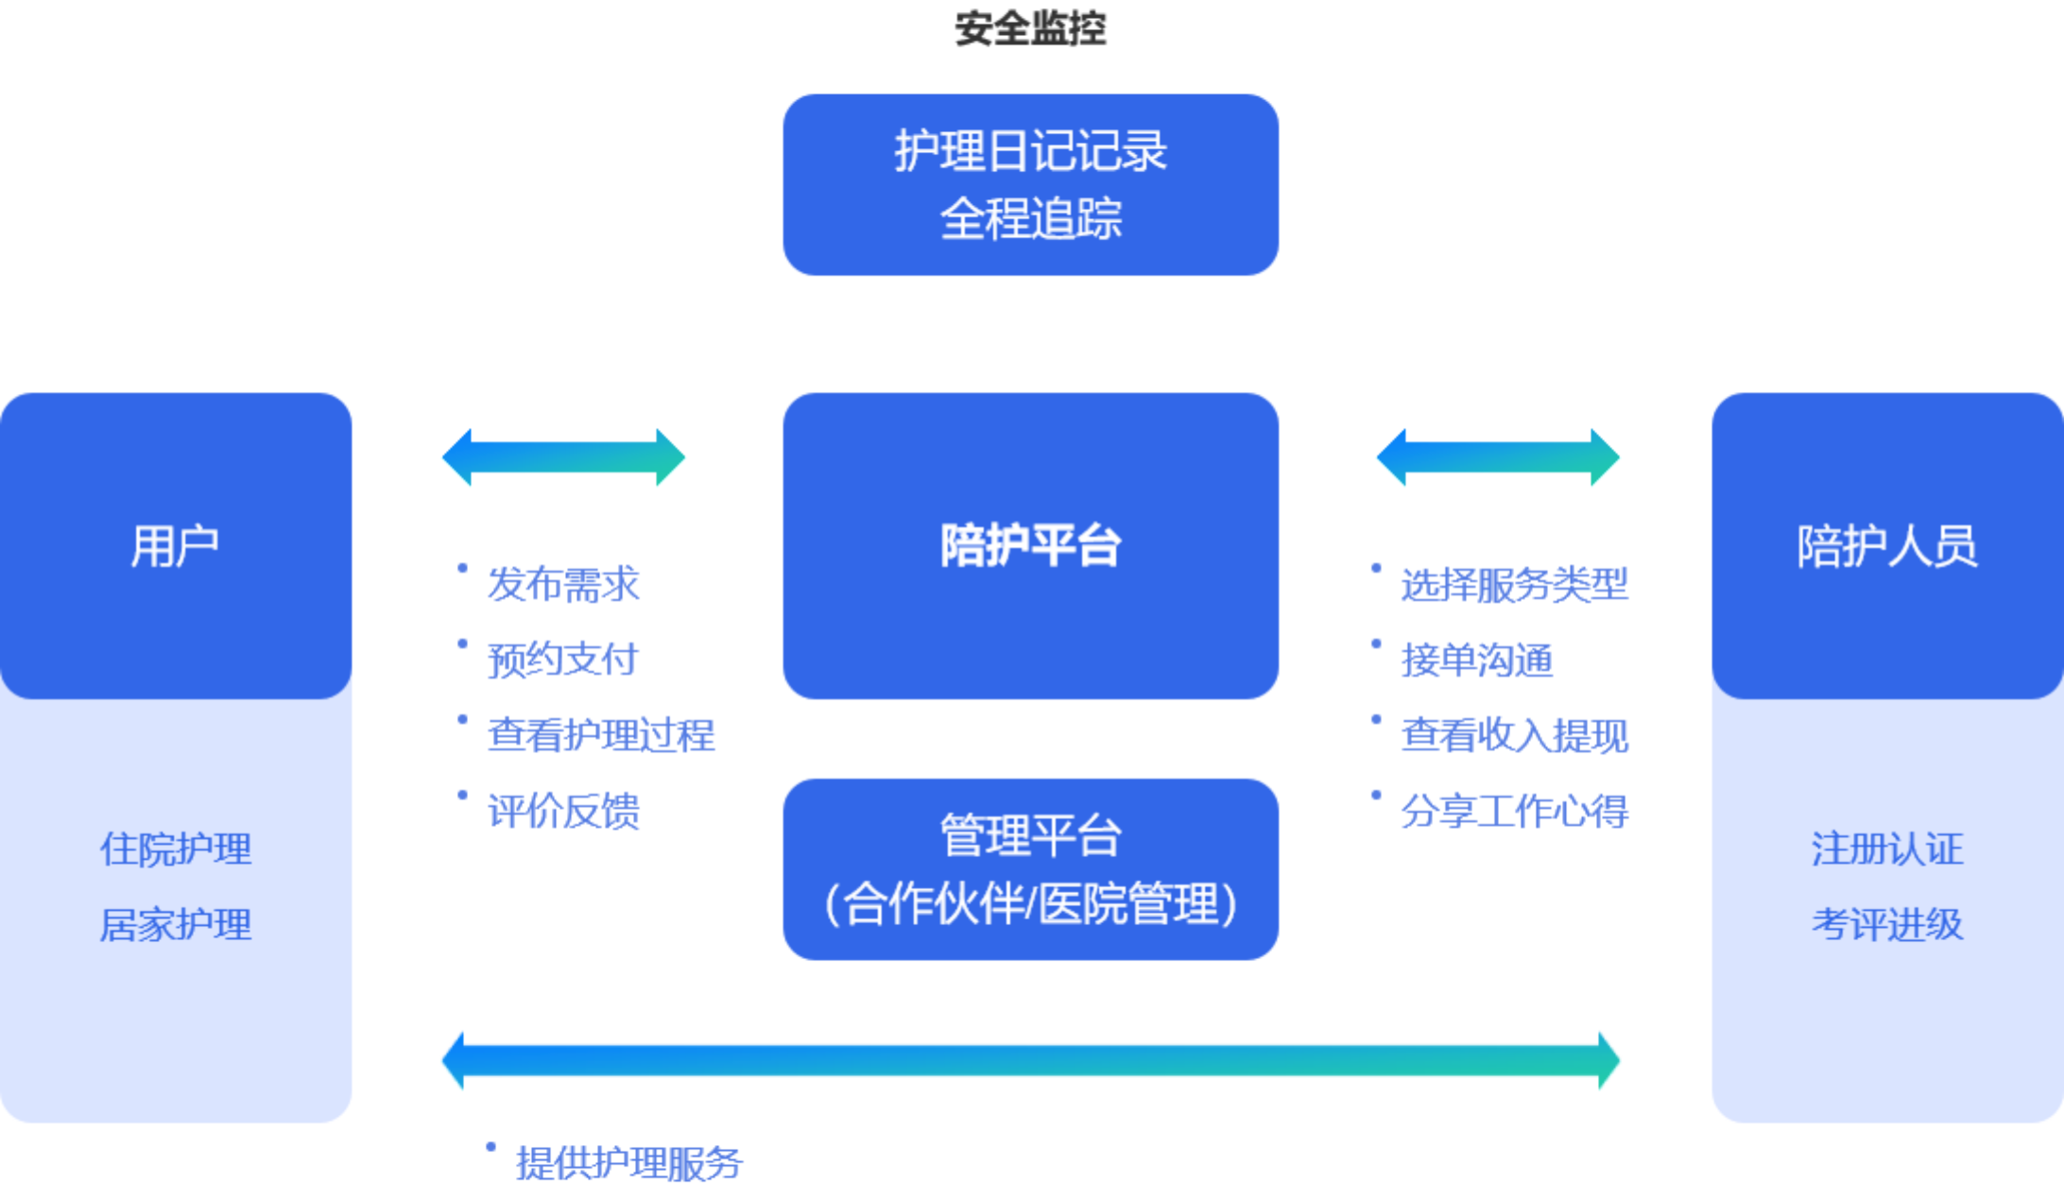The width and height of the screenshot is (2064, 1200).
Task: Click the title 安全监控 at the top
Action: [1030, 28]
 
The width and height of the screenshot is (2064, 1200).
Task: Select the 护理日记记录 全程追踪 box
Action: [1030, 184]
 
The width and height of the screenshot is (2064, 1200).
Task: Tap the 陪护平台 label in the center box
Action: [1030, 545]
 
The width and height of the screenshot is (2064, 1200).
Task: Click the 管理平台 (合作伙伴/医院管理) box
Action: [1030, 869]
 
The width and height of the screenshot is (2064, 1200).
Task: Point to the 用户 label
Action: [175, 546]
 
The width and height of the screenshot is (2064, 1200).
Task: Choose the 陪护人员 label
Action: [1886, 546]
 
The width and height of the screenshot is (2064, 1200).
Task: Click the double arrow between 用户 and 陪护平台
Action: [563, 457]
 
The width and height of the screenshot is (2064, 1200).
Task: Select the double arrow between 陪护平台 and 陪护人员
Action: [1498, 457]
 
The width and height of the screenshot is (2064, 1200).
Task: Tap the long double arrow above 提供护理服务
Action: [1030, 1060]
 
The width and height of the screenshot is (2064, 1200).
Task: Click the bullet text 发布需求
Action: [563, 584]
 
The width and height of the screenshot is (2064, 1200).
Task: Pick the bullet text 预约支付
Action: [563, 660]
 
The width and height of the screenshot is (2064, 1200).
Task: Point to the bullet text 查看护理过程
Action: [601, 735]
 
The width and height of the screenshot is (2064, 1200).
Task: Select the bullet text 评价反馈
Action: [563, 811]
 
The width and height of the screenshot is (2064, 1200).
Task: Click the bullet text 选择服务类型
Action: [1514, 584]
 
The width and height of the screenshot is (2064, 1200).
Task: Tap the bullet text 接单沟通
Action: [1476, 660]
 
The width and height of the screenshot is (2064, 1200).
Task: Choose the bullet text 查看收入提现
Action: [1514, 735]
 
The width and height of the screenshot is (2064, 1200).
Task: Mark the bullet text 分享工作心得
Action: [1514, 811]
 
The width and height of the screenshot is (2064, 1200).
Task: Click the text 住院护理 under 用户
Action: [176, 849]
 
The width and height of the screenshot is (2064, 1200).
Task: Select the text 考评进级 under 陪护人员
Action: [1887, 924]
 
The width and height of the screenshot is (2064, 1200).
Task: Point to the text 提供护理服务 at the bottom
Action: [629, 1163]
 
